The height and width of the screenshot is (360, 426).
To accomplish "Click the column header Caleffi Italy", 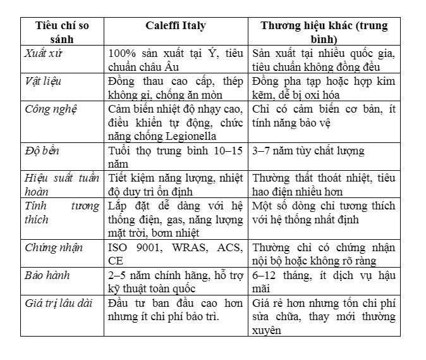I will pyautogui.click(x=176, y=26).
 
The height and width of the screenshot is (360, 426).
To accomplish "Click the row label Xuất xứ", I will pyautogui.click(x=44, y=53).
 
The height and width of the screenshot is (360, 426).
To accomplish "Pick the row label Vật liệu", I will pyautogui.click(x=44, y=81).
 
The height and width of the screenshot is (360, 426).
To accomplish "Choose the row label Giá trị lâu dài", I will pyautogui.click(x=59, y=303).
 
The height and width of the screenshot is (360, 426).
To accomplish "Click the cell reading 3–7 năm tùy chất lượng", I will pyautogui.click(x=308, y=151).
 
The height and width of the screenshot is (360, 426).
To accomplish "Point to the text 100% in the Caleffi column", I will pyautogui.click(x=122, y=53).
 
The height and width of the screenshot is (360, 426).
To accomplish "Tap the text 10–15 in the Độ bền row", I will pyautogui.click(x=226, y=151).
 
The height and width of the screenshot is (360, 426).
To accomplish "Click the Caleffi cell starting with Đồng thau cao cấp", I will pyautogui.click(x=176, y=87).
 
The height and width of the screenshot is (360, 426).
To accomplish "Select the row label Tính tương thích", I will pyautogui.click(x=62, y=213).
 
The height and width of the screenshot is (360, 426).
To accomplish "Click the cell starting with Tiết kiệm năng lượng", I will pyautogui.click(x=176, y=185).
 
